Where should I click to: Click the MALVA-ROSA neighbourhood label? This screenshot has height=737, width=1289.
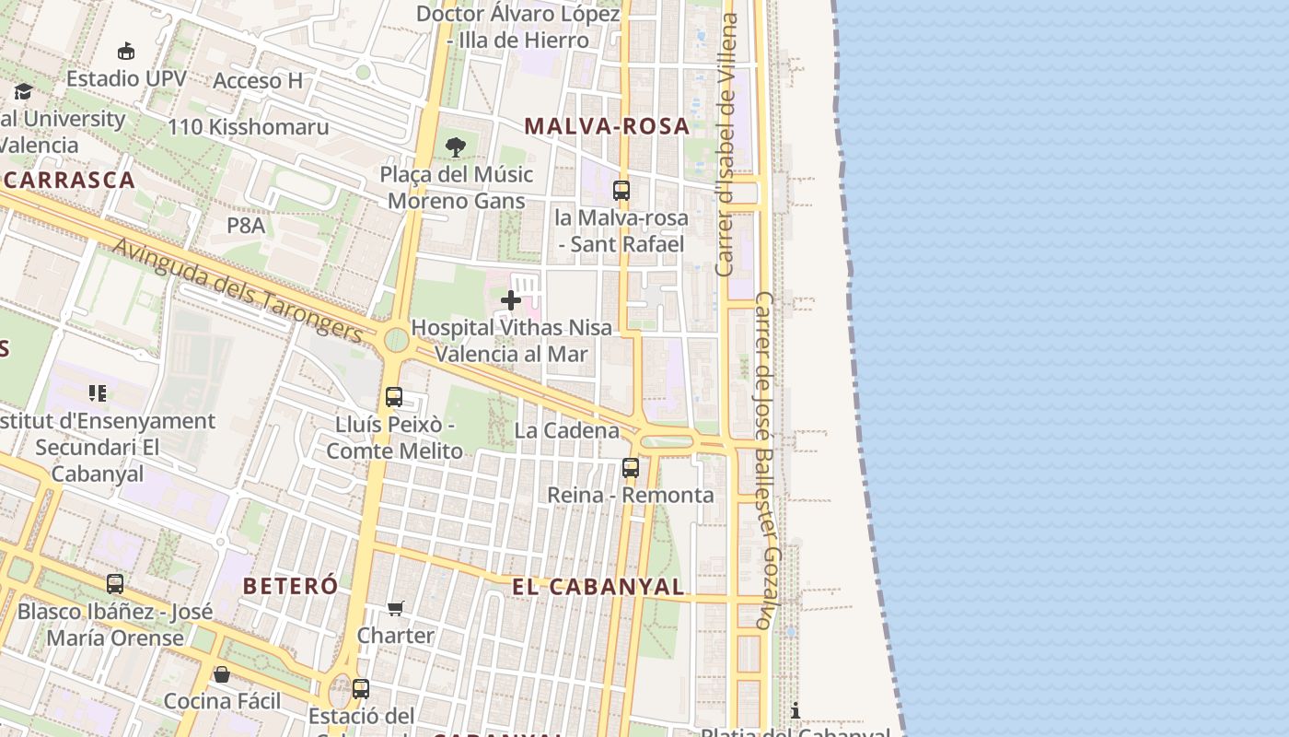pos(607,126)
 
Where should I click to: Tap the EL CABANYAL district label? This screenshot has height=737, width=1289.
pos(598,587)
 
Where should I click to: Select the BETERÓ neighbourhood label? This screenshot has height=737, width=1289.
pos(290,586)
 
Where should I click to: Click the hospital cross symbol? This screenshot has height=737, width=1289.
pos(511,299)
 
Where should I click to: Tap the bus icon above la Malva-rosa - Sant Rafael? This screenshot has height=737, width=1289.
pos(621,191)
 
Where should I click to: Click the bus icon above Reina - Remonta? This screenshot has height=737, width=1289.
pos(631,468)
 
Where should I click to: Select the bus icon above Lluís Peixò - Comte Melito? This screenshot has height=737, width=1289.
pos(394,397)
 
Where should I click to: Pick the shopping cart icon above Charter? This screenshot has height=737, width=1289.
pos(396,608)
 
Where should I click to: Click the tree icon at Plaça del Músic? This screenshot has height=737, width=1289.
pos(456,146)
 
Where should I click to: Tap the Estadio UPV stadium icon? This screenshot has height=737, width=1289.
pos(126,52)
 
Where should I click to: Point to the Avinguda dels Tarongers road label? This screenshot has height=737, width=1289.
pos(238,289)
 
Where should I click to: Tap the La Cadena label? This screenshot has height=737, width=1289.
pos(567,430)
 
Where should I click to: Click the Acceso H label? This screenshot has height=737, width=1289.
pos(258,81)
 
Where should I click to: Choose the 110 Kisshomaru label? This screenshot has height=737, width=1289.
pos(248,127)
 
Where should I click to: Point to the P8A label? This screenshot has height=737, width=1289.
pos(246,225)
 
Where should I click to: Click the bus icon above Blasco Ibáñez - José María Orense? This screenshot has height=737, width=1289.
pos(115,584)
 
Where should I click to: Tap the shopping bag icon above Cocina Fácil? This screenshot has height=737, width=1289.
pos(222,674)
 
